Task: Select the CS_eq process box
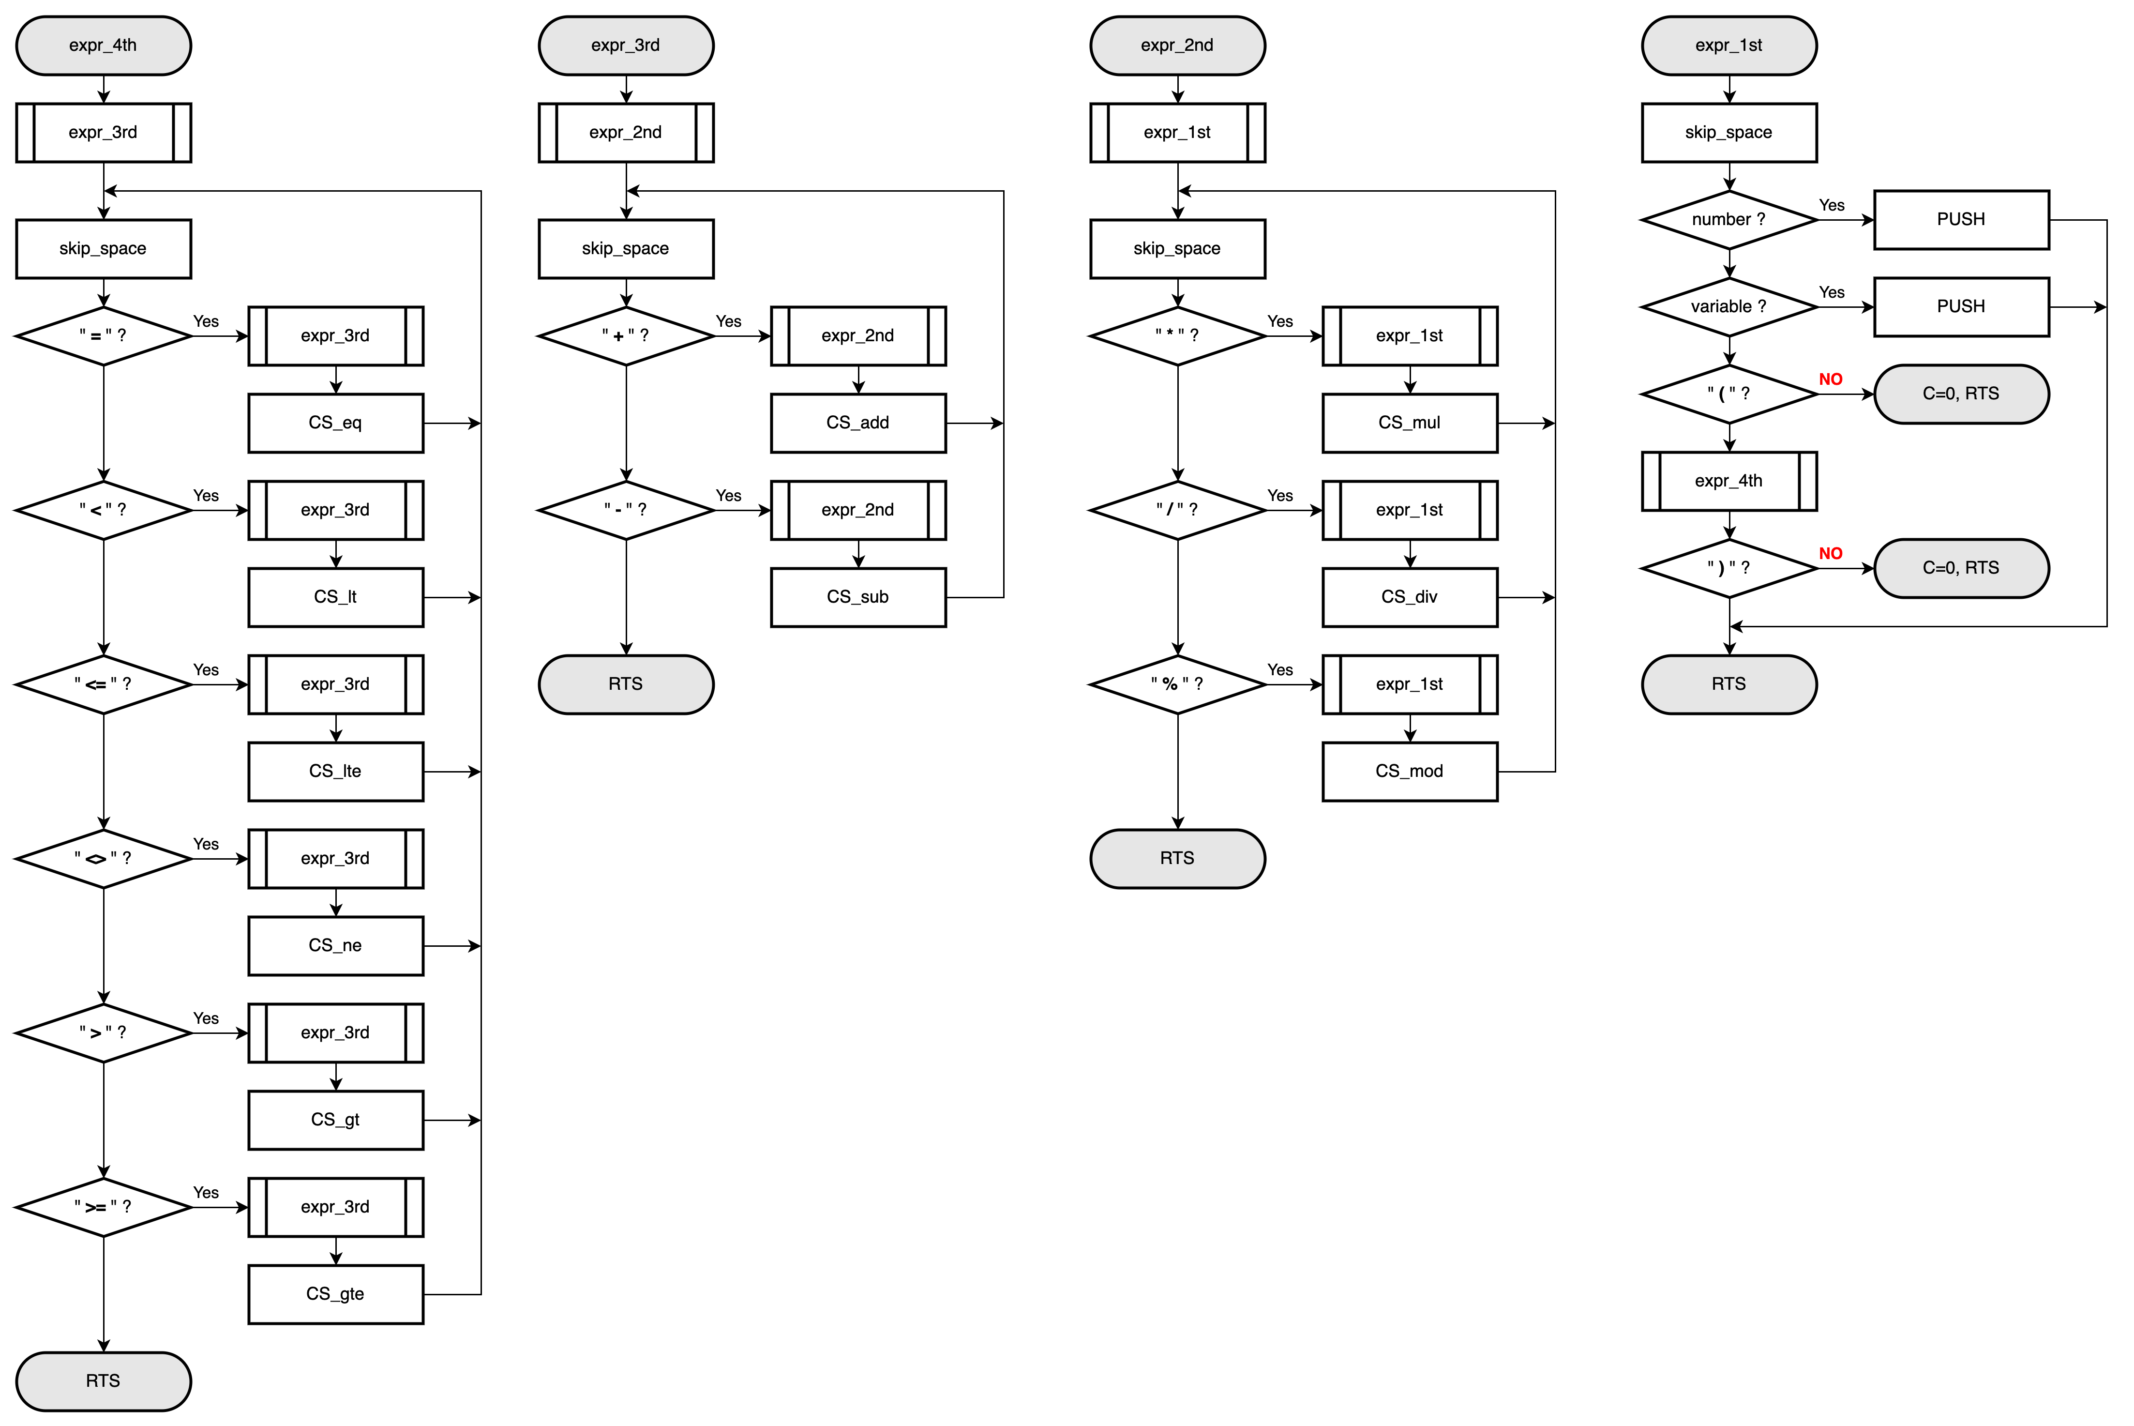335,423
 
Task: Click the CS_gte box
335,1294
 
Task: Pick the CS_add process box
857,423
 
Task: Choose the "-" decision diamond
626,510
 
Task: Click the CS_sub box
857,597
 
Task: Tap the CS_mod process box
1409,771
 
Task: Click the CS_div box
1409,597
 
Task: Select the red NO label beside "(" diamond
1830,379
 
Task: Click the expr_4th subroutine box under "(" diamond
1728,481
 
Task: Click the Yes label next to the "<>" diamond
206,844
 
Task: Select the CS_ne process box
335,946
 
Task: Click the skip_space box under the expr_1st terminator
1728,133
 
